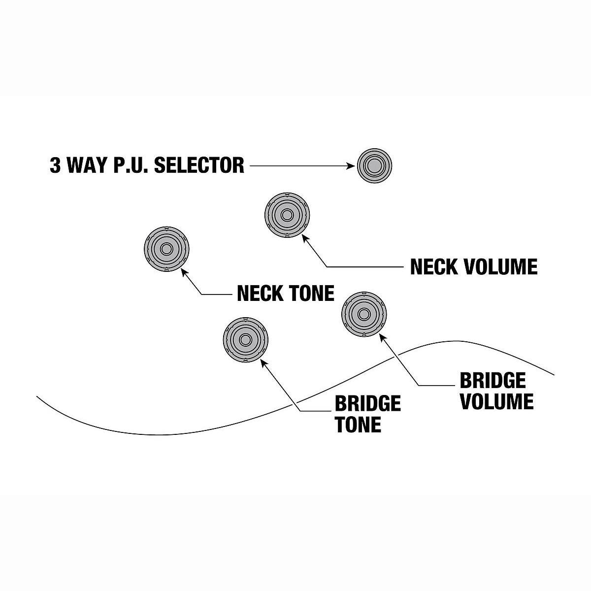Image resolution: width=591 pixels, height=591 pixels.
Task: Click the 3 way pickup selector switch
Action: [374, 165]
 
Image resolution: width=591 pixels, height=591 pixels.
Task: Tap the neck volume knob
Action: [287, 215]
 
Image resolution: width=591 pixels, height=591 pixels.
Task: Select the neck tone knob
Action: [166, 249]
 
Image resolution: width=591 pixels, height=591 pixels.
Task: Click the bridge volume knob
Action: [363, 314]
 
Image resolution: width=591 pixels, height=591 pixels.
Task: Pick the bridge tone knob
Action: [245, 339]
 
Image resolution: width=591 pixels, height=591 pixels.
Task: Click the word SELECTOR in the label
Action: [199, 165]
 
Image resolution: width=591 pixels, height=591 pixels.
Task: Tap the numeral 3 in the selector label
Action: [55, 165]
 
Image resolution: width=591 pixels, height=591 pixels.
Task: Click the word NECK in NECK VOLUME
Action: [432, 267]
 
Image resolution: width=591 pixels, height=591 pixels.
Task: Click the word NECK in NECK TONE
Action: [259, 294]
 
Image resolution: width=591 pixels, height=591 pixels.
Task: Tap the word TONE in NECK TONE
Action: [311, 294]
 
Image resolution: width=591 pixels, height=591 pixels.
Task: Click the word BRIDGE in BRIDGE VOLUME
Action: [492, 381]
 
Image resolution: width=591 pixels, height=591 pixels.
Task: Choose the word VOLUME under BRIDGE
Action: [496, 401]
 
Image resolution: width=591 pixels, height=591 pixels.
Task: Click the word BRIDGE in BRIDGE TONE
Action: [367, 404]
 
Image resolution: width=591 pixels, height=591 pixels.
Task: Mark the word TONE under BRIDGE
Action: [358, 425]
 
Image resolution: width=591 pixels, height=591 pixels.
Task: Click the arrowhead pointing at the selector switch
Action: [351, 166]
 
